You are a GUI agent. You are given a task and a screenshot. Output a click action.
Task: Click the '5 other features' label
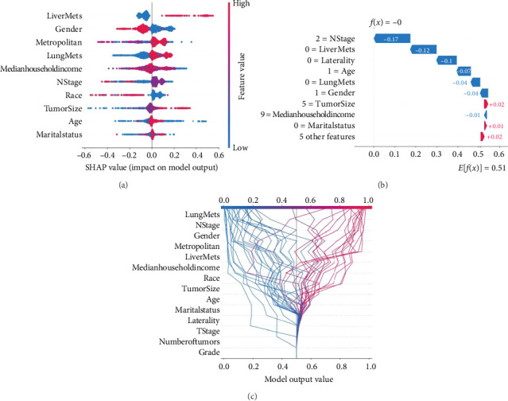tap(328, 137)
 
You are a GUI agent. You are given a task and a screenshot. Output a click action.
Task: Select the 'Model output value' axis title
tap(296, 377)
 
